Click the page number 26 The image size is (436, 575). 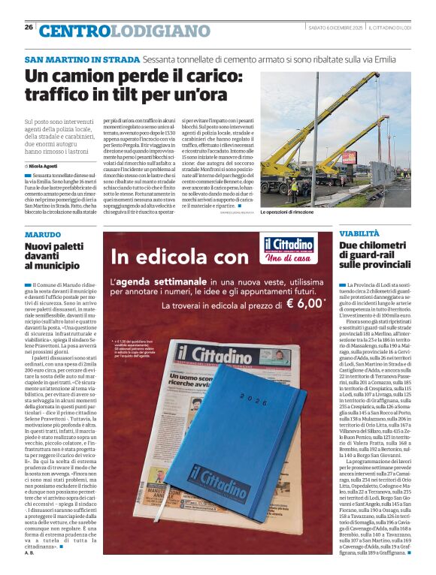coord(29,27)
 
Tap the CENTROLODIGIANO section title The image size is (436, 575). coord(124,31)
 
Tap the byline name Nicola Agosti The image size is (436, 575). coord(43,165)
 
